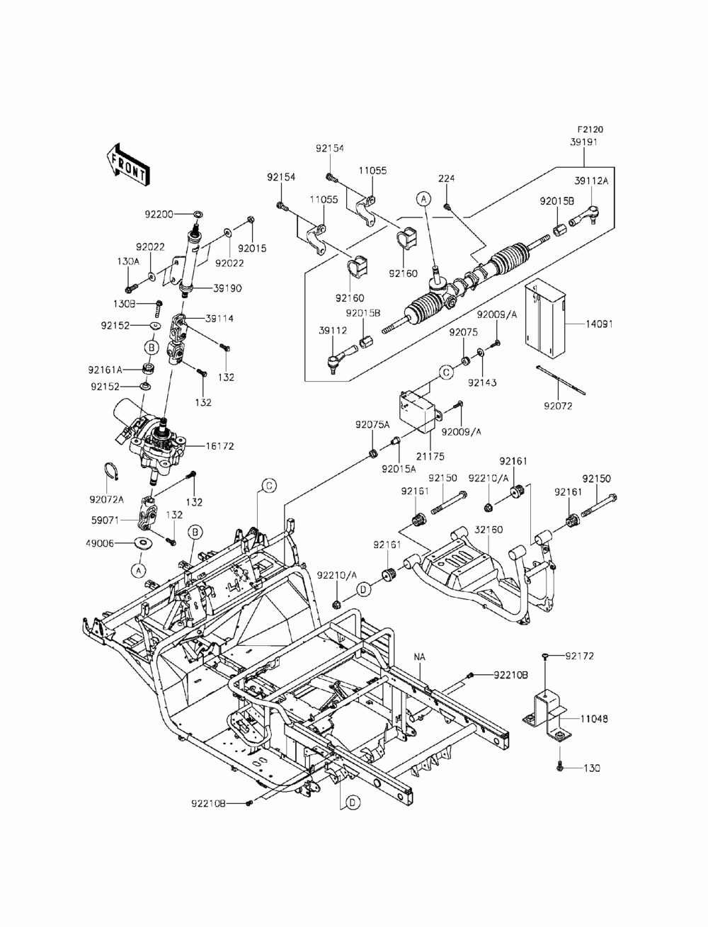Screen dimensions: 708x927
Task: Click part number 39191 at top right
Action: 583,142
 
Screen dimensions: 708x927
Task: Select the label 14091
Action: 599,324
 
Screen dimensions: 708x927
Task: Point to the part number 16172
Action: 219,446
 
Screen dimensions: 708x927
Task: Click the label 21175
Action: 430,457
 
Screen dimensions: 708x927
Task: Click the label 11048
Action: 594,718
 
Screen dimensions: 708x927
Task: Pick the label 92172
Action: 580,656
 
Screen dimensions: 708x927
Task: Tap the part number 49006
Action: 100,543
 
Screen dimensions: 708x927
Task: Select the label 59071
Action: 105,521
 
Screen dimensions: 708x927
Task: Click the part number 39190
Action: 227,288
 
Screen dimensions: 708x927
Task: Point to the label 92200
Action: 159,215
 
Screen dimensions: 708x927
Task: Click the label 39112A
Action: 591,181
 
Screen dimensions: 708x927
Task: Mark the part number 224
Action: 446,178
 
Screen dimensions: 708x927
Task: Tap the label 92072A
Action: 107,499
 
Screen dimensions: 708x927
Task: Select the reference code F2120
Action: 590,129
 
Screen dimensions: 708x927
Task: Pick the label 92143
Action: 482,382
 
